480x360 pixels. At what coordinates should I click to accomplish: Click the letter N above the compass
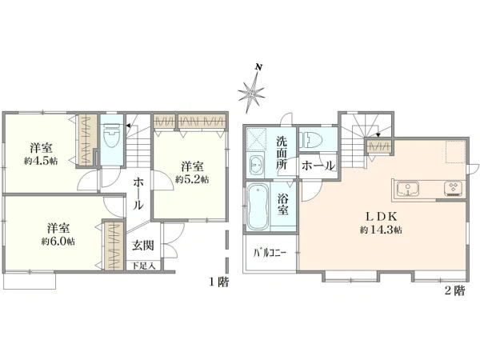(259, 67)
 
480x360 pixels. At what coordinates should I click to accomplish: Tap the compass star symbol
(251, 93)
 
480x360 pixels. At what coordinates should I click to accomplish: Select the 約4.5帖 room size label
(41, 162)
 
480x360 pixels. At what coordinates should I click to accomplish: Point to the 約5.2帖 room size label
(192, 179)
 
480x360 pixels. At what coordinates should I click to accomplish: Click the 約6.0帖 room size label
(58, 242)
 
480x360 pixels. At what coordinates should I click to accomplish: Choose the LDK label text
(382, 217)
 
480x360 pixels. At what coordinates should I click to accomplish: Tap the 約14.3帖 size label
(381, 230)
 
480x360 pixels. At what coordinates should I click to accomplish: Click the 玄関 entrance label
(143, 246)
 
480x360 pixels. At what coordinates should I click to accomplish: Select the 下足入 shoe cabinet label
(143, 266)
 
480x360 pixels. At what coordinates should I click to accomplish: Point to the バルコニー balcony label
(270, 253)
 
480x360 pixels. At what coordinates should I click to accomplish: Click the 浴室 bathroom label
(283, 205)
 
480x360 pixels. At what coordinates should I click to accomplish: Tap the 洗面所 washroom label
(282, 153)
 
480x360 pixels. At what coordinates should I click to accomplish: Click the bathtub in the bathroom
(258, 206)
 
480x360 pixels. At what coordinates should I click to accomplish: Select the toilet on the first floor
(111, 135)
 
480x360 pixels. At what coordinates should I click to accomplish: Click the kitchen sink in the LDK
(408, 189)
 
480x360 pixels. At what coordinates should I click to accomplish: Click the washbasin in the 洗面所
(257, 165)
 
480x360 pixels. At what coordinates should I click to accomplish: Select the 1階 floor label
(219, 282)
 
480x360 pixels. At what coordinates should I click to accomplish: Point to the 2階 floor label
(454, 290)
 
